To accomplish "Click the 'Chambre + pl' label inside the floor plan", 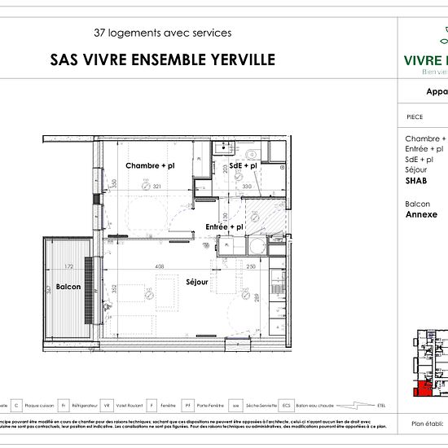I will pyautogui.click(x=149, y=165).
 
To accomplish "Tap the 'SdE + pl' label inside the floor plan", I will pyautogui.click(x=243, y=165).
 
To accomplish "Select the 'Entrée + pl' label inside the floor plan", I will pyautogui.click(x=225, y=226).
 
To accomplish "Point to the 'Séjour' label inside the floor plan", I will pyautogui.click(x=196, y=283).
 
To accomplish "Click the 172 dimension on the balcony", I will pyautogui.click(x=69, y=266).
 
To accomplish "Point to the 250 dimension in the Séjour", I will pyautogui.click(x=251, y=266).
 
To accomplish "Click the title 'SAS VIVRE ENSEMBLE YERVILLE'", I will pyautogui.click(x=163, y=59).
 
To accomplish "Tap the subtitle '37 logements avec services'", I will pyautogui.click(x=163, y=33).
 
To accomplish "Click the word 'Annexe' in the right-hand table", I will pyautogui.click(x=420, y=215).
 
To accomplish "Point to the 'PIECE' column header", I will pyautogui.click(x=415, y=116).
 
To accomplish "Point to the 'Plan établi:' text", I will pyautogui.click(x=428, y=424).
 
